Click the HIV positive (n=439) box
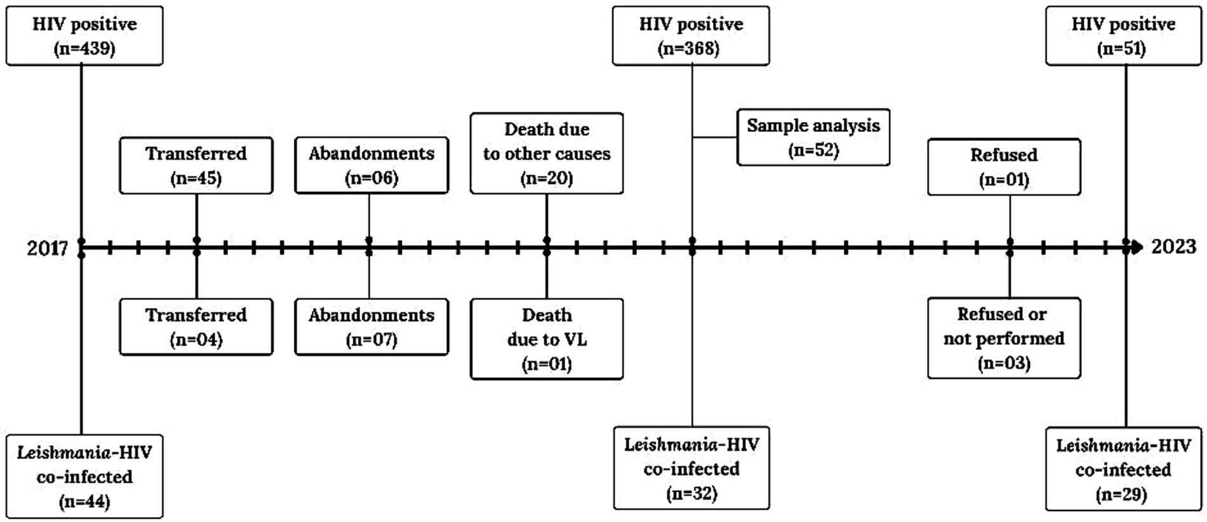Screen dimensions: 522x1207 click(x=84, y=36)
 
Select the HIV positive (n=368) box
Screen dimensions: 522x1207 click(x=691, y=36)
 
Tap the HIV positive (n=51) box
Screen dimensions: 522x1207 click(x=1123, y=36)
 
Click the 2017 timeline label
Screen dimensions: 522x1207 click(x=47, y=248)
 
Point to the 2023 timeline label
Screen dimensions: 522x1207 click(x=1173, y=246)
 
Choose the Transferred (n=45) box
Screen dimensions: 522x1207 click(x=196, y=166)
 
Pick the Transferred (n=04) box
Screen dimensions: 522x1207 click(x=196, y=327)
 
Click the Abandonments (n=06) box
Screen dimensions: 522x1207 click(x=371, y=166)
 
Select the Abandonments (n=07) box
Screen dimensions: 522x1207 click(x=371, y=327)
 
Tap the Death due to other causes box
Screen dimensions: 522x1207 click(x=547, y=154)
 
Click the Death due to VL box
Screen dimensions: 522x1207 click(x=547, y=339)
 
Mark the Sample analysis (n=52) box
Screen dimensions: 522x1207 click(x=813, y=138)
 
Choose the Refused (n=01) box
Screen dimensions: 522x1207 click(x=1004, y=167)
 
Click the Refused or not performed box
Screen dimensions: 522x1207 click(x=1004, y=338)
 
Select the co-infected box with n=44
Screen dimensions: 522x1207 click(x=84, y=476)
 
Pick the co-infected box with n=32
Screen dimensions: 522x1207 click(x=691, y=469)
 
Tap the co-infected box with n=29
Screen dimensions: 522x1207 click(x=1123, y=469)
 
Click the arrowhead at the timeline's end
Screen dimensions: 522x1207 click(x=1138, y=247)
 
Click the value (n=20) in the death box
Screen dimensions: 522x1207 click(x=547, y=178)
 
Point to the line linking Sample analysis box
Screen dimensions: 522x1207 click(x=714, y=137)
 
